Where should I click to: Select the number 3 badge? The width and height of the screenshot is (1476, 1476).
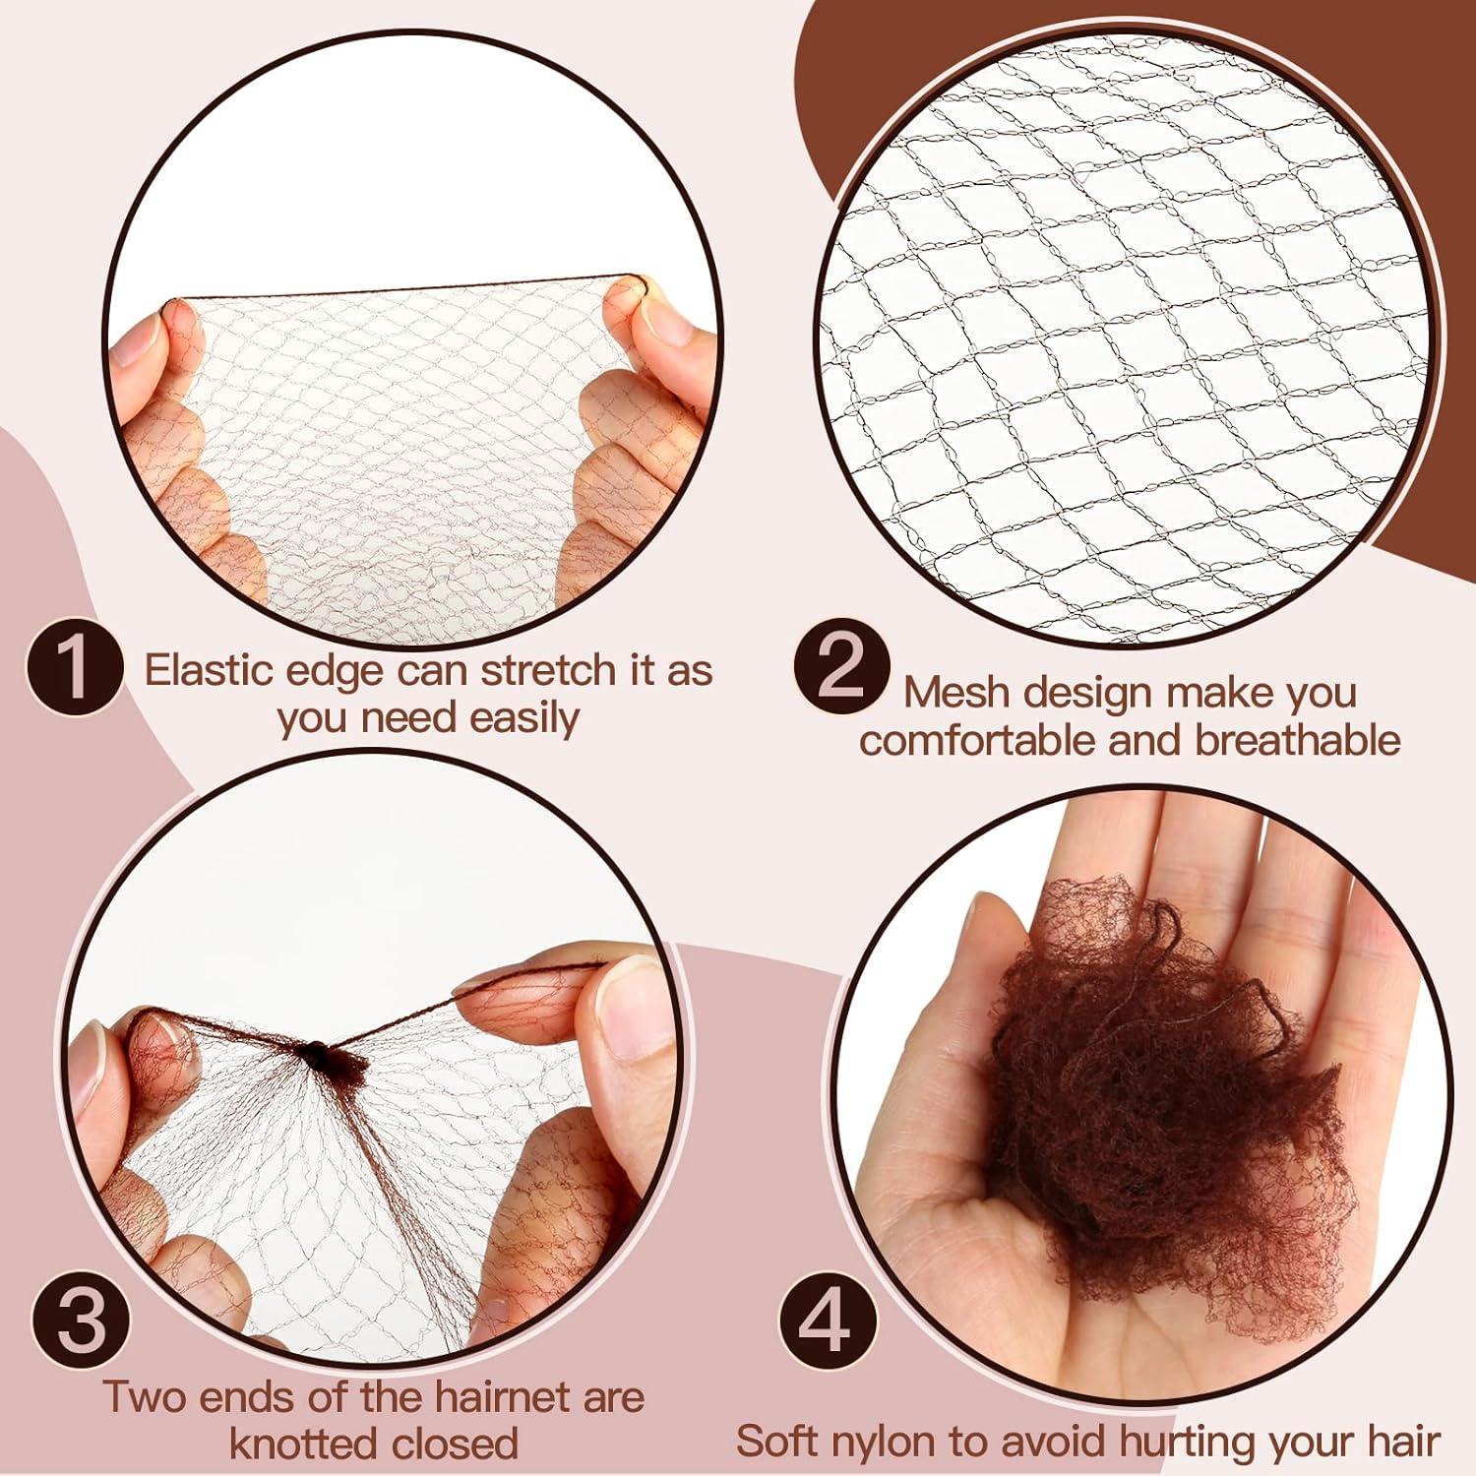point(82,1319)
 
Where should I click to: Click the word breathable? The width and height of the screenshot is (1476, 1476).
point(1298,740)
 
